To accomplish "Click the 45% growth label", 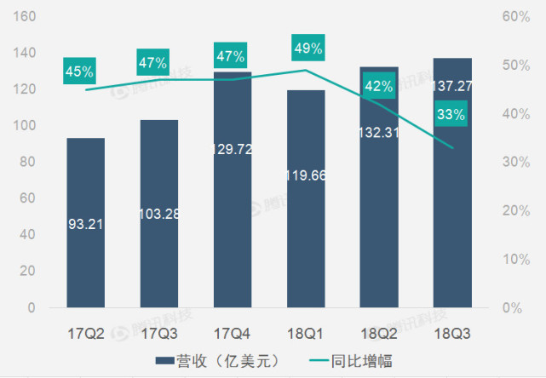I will tap(79, 71).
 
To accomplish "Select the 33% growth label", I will tap(451, 114).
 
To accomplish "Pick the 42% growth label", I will tap(378, 85).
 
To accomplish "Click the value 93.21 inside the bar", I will tap(85, 225).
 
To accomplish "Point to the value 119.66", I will tap(306, 177).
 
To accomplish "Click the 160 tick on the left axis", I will tap(25, 16).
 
